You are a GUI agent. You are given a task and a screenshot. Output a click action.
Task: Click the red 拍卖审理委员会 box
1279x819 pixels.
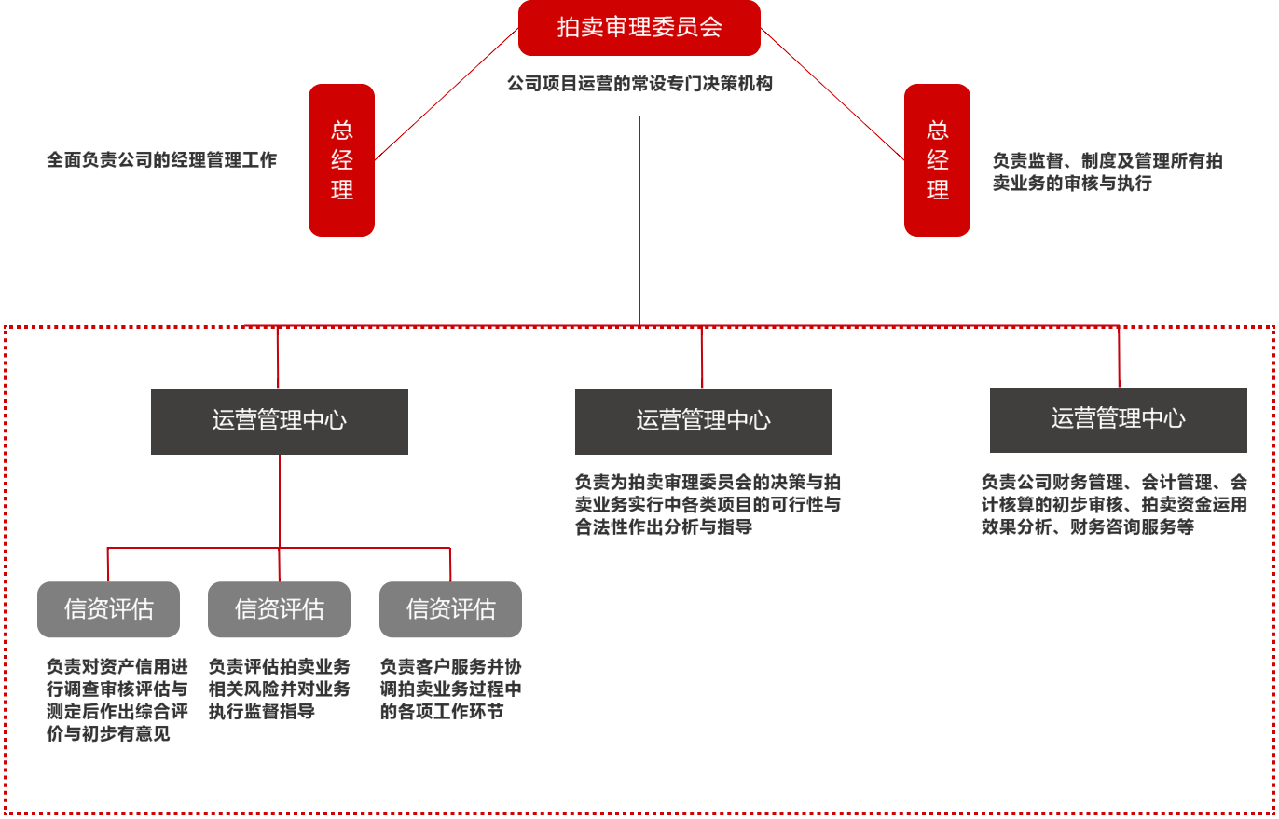639,28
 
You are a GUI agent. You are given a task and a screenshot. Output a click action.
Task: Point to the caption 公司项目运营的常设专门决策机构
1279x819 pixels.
639,84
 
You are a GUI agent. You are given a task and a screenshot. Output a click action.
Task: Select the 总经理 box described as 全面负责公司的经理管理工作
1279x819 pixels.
341,160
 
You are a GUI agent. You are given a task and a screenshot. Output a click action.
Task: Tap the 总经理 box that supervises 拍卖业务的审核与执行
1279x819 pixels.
937,160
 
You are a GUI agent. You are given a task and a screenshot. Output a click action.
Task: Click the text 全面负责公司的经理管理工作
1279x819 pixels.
161,160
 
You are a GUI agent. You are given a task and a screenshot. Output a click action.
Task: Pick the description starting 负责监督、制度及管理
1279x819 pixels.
1107,172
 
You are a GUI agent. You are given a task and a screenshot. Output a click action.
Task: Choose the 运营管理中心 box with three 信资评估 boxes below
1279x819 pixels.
280,421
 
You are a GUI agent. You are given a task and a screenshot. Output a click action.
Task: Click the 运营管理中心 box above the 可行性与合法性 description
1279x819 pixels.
703,421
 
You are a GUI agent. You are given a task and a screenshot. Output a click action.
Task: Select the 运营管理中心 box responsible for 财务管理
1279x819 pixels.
1118,419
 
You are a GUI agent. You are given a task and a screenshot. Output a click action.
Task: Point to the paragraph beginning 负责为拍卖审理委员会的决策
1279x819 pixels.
708,505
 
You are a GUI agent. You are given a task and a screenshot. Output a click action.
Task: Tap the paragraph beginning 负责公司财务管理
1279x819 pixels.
1114,505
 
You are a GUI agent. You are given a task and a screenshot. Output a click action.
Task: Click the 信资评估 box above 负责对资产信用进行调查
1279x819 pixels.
108,609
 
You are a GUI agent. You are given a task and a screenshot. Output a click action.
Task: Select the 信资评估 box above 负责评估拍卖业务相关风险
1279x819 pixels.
279,609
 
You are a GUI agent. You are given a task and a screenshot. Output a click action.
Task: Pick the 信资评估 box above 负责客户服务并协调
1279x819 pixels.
450,609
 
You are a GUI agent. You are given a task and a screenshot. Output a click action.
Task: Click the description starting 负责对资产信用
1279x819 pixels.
117,701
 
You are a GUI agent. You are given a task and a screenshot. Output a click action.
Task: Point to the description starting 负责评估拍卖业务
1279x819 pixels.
279,689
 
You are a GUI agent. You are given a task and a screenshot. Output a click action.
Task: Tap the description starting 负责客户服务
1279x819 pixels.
450,689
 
